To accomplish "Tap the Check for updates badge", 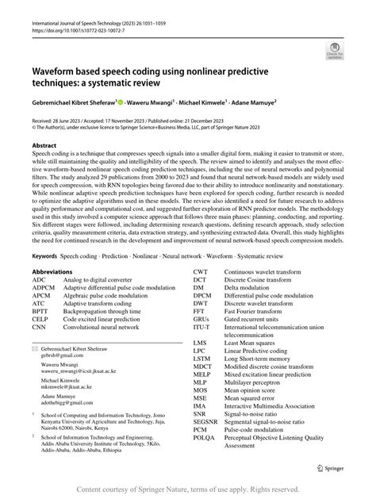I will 332,52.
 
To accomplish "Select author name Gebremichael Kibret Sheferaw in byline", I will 72,102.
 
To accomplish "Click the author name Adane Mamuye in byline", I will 271,102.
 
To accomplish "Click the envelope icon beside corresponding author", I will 33,347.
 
